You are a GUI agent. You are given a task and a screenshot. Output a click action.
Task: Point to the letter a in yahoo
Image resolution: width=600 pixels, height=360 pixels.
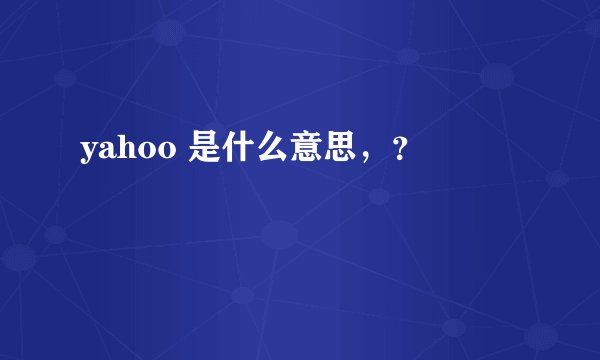(x=107, y=152)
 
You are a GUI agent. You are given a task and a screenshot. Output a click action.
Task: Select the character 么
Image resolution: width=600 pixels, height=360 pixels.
(x=266, y=151)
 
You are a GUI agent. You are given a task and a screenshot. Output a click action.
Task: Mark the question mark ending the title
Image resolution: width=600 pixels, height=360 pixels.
(x=399, y=153)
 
